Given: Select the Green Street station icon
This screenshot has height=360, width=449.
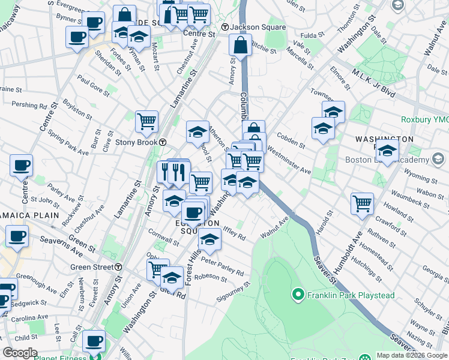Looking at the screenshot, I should coord(118,267).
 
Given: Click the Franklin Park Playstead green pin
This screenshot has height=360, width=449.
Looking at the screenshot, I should coord(297,294).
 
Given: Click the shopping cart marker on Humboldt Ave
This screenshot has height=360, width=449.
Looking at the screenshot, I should coord(362,203).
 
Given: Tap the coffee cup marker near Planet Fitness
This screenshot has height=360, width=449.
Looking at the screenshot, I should coord(93,340).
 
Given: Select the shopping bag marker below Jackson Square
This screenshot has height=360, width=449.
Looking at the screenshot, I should coord(240,45).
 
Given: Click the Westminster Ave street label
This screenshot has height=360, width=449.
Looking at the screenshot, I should coord(289,160).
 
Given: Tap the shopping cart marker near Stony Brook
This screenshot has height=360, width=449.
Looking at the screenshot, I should coord(146,121).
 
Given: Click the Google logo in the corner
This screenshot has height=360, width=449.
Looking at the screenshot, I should coord(20,353).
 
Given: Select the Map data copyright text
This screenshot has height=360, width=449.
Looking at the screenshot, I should coord(412,355).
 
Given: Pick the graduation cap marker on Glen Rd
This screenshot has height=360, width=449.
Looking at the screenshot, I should coord(172,277).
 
